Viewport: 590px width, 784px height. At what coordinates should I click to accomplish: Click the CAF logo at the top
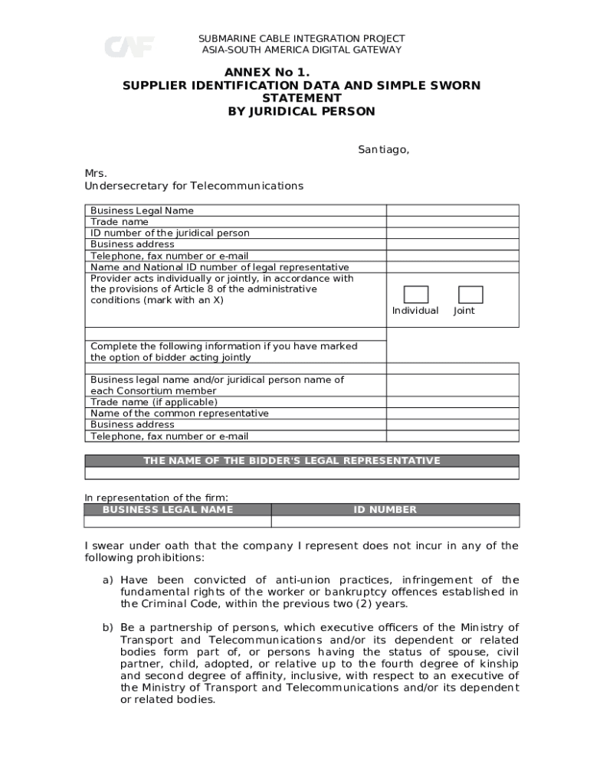click(129, 47)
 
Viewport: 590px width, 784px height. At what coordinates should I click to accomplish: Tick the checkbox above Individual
click(416, 295)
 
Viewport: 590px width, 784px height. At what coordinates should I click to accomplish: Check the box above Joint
click(470, 295)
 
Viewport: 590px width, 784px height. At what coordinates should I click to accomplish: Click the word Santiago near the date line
click(383, 150)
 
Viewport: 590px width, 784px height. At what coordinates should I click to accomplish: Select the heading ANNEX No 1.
click(301, 73)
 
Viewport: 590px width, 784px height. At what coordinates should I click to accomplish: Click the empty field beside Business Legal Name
click(452, 211)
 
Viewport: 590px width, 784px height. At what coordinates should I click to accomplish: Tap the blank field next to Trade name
click(452, 222)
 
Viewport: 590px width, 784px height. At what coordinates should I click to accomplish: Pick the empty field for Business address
click(452, 244)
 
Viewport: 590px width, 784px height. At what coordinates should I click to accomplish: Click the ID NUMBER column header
click(395, 510)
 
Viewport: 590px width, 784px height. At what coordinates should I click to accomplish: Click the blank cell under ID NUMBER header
click(395, 521)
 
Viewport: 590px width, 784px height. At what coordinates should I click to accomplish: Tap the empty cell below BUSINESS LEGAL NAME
click(178, 521)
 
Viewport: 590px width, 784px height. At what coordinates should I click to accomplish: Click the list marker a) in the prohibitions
click(108, 580)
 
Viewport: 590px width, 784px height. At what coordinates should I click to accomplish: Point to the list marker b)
click(108, 628)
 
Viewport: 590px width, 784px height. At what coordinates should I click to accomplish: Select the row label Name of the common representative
click(179, 413)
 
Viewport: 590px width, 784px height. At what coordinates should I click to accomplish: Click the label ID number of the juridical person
click(169, 233)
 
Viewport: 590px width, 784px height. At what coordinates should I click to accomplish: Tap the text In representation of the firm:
click(156, 498)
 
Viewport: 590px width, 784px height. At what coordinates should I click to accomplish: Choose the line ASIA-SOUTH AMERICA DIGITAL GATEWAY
click(301, 50)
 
